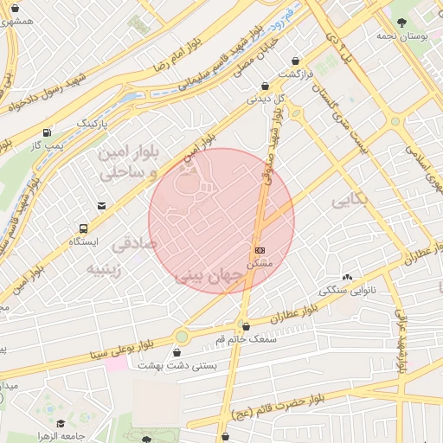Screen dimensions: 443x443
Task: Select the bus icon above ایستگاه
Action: pyautogui.click(x=83, y=229)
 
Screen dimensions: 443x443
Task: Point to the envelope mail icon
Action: pyautogui.click(x=101, y=206)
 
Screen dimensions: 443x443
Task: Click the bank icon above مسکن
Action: pyautogui.click(x=260, y=249)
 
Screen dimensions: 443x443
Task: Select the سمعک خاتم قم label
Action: pyautogui.click(x=247, y=339)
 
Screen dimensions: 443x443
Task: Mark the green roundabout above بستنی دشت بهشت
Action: pyautogui.click(x=182, y=336)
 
